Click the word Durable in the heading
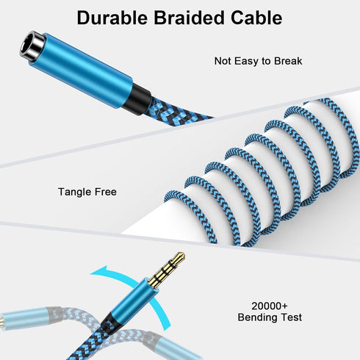tap(112, 18)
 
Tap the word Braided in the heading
tap(189, 18)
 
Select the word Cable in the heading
tap(256, 18)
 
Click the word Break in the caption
tap(288, 61)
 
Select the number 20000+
tap(270, 306)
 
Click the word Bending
tap(257, 317)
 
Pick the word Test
tap(291, 317)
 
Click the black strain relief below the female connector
tap(137, 99)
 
